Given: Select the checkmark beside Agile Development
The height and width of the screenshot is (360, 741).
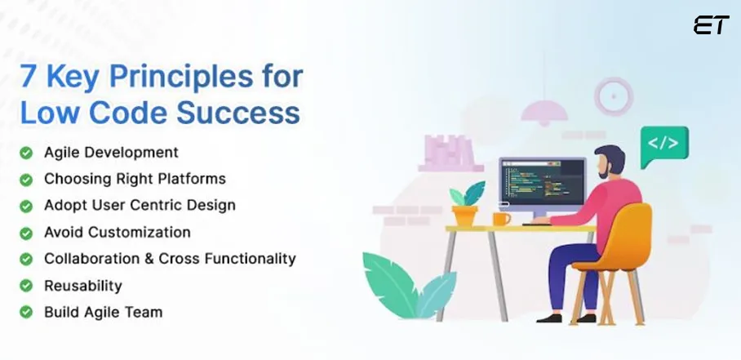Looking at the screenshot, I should (27, 153).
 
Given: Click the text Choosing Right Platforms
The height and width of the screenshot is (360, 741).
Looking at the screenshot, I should (135, 179).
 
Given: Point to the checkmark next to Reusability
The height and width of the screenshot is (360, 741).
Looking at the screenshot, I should (27, 286).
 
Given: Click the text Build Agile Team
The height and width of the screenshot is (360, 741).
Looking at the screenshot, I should (103, 312).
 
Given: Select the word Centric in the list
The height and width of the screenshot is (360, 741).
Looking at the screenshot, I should (184, 206).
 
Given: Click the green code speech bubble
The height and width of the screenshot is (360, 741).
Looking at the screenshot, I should (663, 144).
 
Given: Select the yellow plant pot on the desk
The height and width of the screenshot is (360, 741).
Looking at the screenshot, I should (465, 216).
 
